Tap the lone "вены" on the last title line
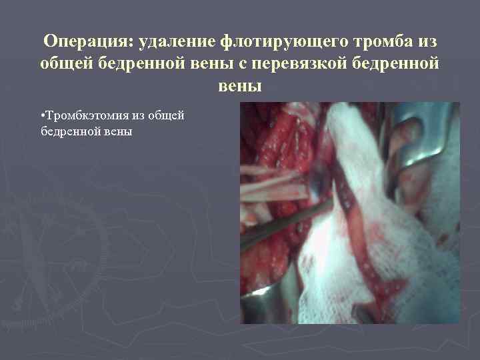coord(240,87)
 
